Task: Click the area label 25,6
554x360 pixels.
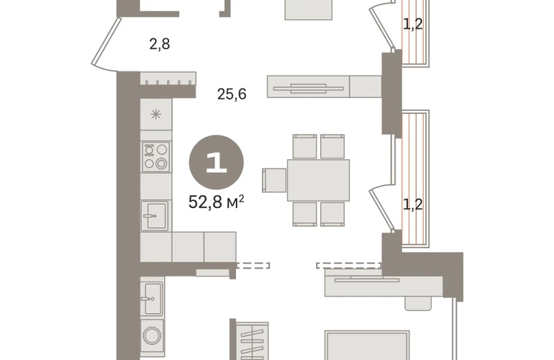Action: click(x=232, y=94)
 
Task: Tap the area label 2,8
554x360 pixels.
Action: click(x=160, y=44)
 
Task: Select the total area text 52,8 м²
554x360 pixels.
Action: click(x=217, y=202)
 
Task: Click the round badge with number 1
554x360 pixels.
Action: click(x=217, y=162)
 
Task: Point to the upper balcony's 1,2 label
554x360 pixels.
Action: click(x=413, y=24)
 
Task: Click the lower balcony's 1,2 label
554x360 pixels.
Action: click(x=413, y=204)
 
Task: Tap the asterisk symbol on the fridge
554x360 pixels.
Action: click(x=156, y=114)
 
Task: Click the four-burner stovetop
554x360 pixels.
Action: click(x=156, y=156)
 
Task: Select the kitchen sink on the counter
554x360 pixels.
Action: click(x=155, y=215)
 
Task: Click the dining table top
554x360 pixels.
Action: click(x=318, y=180)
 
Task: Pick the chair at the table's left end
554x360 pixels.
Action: click(x=274, y=180)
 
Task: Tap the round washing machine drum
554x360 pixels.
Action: click(x=152, y=335)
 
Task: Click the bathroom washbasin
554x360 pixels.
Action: click(x=152, y=298)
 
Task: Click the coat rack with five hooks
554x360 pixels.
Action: click(x=168, y=78)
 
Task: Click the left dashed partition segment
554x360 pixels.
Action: click(x=253, y=265)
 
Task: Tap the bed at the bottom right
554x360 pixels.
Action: click(x=367, y=346)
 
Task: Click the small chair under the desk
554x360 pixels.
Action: click(x=418, y=303)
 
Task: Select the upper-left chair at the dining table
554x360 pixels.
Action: click(x=304, y=146)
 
